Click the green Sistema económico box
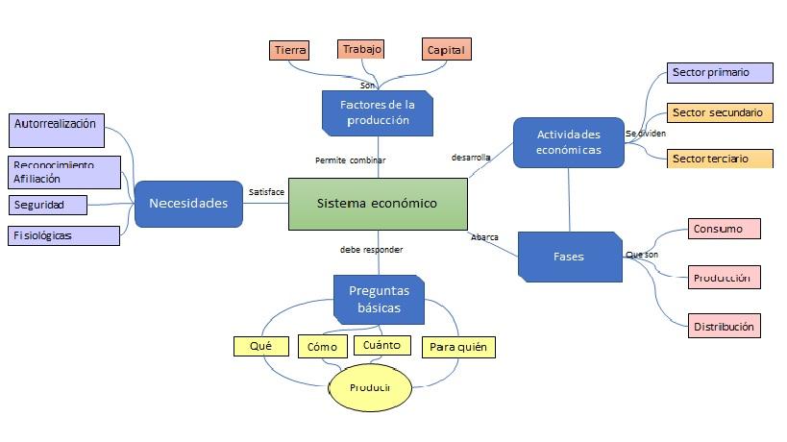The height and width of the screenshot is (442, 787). (x=378, y=204)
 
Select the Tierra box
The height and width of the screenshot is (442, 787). (x=290, y=49)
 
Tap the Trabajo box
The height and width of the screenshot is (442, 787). (x=362, y=49)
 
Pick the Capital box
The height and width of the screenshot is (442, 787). (x=446, y=49)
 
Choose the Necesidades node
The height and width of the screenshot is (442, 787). (x=188, y=204)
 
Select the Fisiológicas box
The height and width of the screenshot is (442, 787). (x=63, y=235)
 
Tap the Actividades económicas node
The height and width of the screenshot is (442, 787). (x=568, y=142)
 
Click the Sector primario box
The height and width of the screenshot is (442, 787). (x=720, y=73)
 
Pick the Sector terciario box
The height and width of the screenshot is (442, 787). (x=720, y=159)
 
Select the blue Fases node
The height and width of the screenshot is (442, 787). (x=570, y=257)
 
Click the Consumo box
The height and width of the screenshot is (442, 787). (x=724, y=229)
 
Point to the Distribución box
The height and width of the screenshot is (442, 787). (x=724, y=327)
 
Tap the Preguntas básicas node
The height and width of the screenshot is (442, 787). (x=379, y=299)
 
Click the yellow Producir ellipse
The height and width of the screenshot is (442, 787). (x=371, y=387)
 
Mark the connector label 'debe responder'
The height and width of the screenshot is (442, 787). (x=371, y=250)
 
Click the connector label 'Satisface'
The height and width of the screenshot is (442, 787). (x=266, y=192)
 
